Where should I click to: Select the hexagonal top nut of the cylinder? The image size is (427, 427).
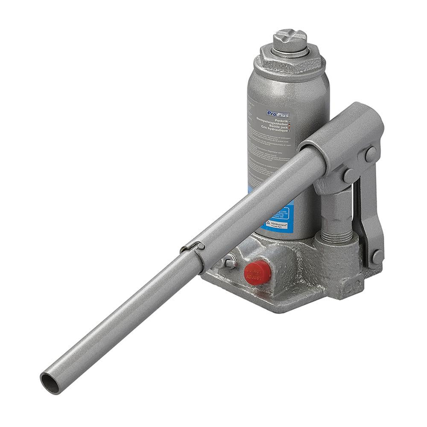[x=290, y=64]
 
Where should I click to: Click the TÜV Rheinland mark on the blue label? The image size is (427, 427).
[x=276, y=224]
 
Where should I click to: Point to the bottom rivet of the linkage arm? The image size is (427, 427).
[x=377, y=257]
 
